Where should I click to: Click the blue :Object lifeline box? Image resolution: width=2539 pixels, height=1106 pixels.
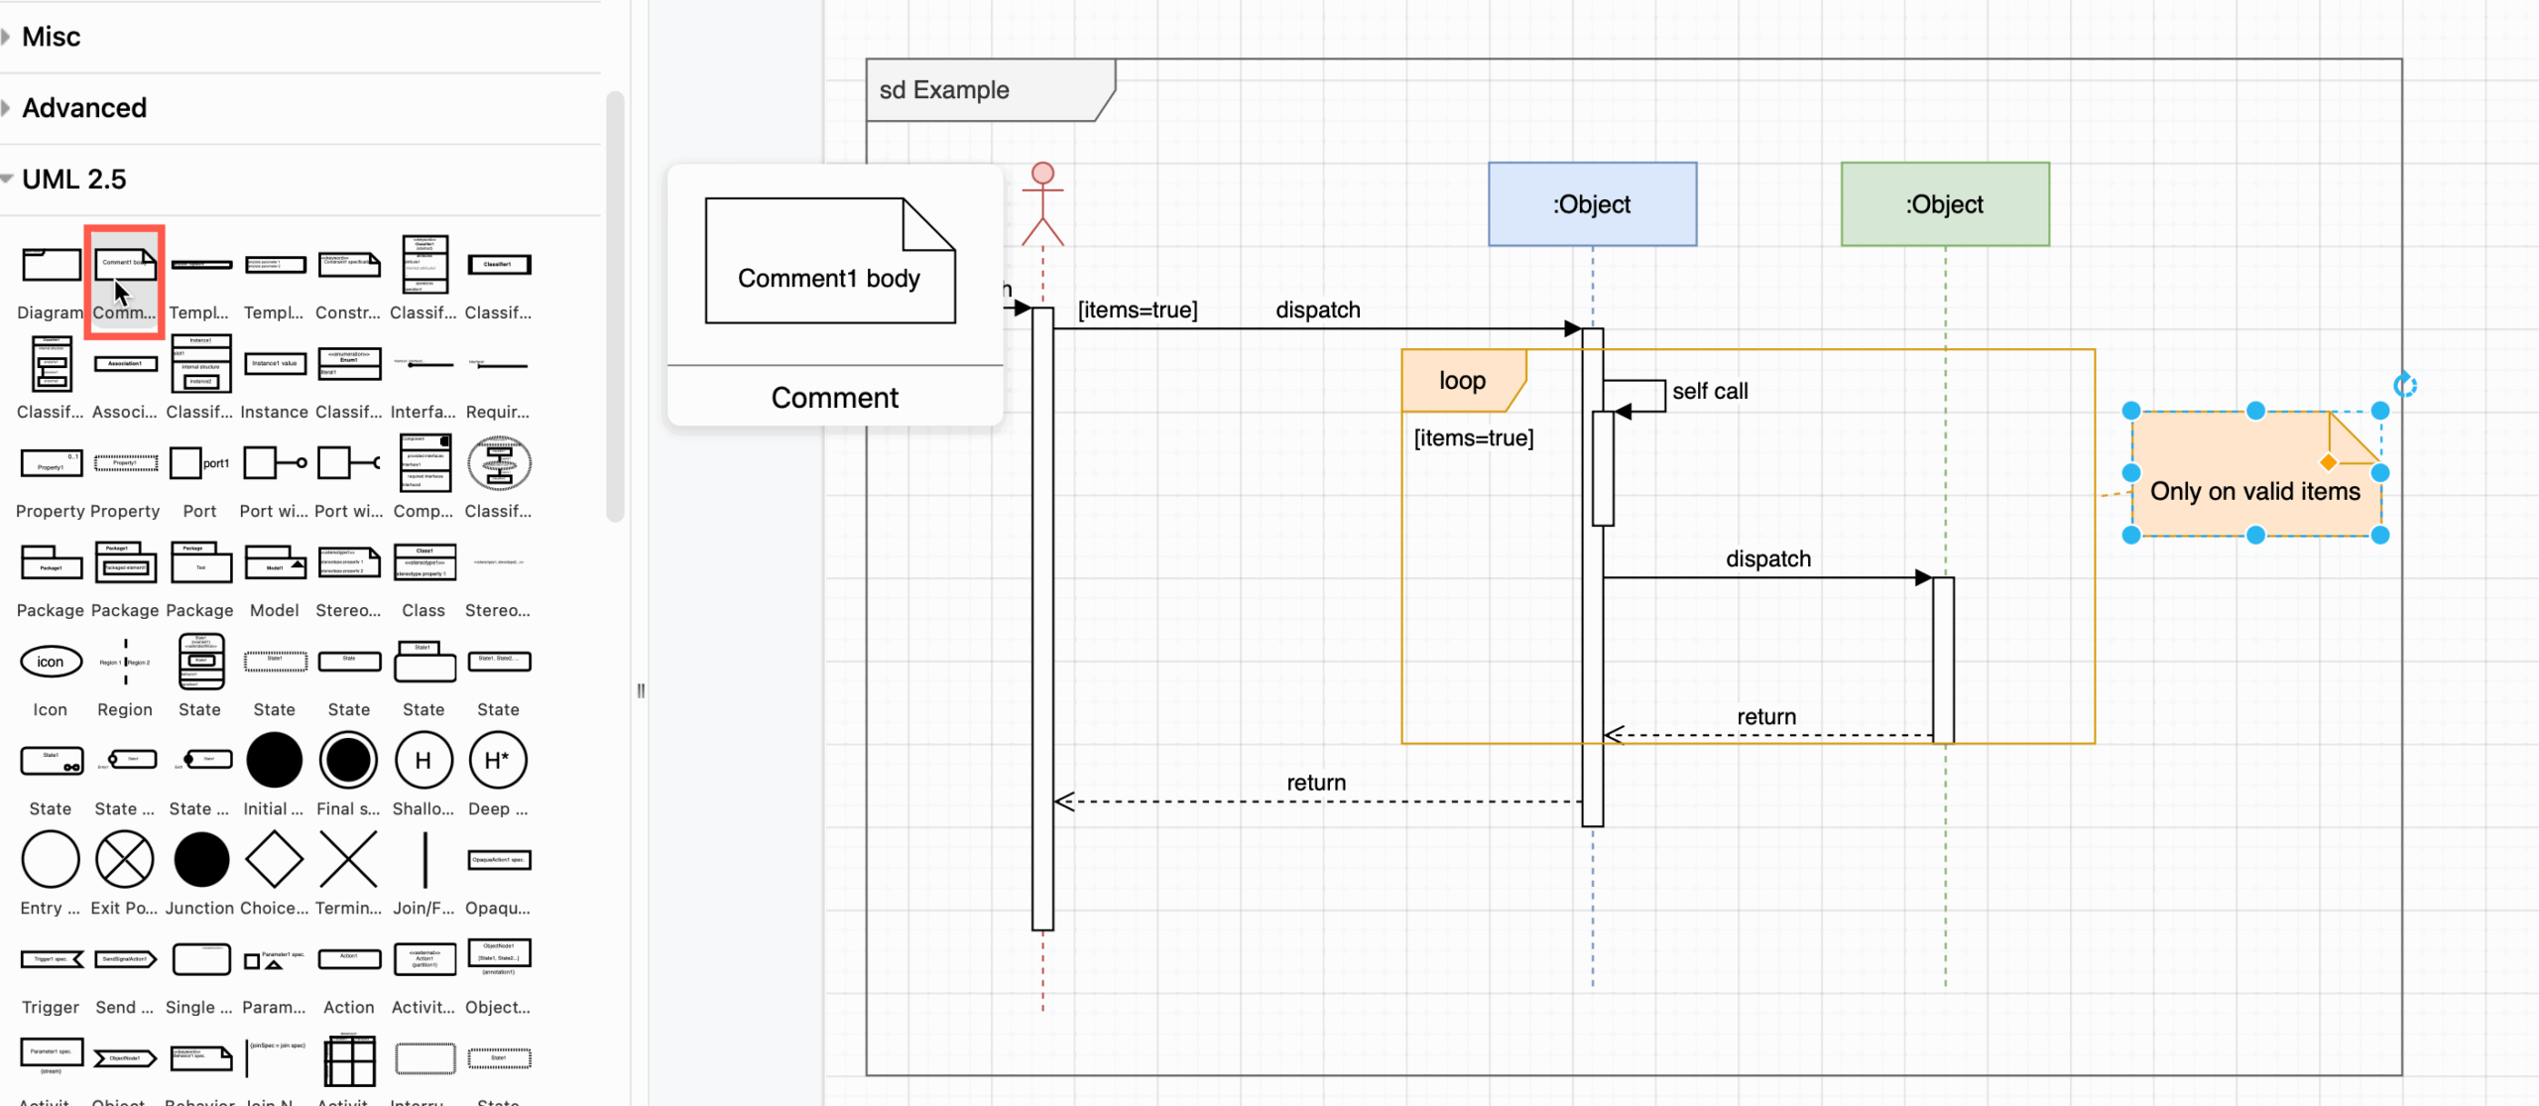1592,204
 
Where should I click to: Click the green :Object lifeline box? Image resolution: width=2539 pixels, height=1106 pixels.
1944,204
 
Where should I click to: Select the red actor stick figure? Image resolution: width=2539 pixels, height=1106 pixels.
1042,204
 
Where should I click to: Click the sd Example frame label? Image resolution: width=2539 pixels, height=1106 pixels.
943,90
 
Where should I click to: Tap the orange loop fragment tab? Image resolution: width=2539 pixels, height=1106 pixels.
1462,381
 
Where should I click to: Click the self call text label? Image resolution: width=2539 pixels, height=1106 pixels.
1710,392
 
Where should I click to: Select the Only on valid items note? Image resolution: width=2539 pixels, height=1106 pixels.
2253,492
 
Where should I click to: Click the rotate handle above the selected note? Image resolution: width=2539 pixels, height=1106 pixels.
2404,386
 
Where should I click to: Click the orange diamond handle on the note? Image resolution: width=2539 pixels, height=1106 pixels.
2328,462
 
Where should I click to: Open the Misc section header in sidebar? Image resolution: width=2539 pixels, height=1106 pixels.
52,37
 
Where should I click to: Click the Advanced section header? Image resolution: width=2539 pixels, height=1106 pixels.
84,108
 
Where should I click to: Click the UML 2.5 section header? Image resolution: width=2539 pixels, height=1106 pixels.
74,180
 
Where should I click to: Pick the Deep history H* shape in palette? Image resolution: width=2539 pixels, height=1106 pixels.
498,761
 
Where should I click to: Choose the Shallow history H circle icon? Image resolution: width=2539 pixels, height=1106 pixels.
423,761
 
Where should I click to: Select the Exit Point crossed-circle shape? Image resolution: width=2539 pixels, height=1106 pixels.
125,860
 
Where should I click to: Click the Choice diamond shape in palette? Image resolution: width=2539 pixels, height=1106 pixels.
274,860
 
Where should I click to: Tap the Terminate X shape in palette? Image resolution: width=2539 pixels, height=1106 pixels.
348,860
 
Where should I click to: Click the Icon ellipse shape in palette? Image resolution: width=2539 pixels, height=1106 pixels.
51,662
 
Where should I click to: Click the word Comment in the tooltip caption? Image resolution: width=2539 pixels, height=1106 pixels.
834,398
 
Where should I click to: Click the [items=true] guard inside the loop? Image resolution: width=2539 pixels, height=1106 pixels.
1473,438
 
